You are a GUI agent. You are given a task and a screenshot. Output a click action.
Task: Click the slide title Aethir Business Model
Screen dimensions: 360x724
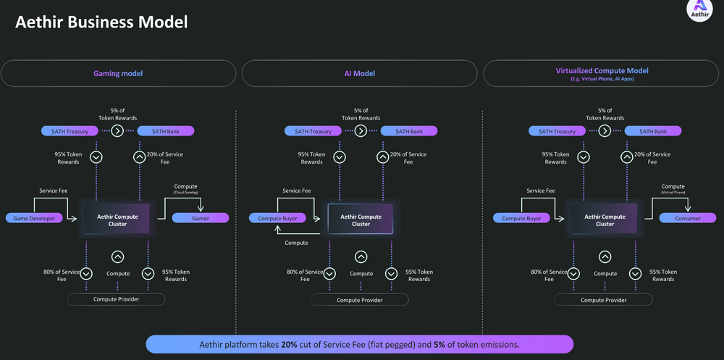[101, 22]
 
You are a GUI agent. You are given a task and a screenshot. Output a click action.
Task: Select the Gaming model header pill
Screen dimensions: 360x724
[118, 73]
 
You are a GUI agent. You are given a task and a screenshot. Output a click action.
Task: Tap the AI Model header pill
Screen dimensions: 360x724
[359, 73]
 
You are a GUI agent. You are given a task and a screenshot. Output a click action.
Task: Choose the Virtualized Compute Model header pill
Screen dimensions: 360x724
[602, 73]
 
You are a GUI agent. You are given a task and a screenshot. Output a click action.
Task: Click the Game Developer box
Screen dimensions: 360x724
[34, 218]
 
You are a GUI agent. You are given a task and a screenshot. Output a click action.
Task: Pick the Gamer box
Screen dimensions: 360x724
[200, 218]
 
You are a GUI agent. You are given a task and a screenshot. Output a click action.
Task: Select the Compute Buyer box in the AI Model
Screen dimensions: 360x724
[278, 218]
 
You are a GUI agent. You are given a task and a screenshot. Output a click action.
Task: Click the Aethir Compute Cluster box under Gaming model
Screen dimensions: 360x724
[117, 219]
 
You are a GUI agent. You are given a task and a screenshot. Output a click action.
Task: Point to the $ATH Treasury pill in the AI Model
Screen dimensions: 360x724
[313, 131]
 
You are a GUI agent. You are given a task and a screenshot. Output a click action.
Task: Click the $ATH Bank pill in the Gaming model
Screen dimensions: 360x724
[164, 131]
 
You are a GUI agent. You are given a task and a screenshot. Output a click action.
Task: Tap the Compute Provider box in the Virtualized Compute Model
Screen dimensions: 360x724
[604, 299]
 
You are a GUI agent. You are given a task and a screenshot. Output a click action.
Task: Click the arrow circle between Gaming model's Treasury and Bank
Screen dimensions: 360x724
[117, 131]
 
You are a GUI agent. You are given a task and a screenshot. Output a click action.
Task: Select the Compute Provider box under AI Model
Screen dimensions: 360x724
[360, 299]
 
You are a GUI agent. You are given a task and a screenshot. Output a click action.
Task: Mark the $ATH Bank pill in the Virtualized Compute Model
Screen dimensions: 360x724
[652, 131]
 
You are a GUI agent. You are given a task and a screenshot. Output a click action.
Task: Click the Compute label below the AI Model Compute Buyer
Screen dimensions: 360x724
[296, 243]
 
